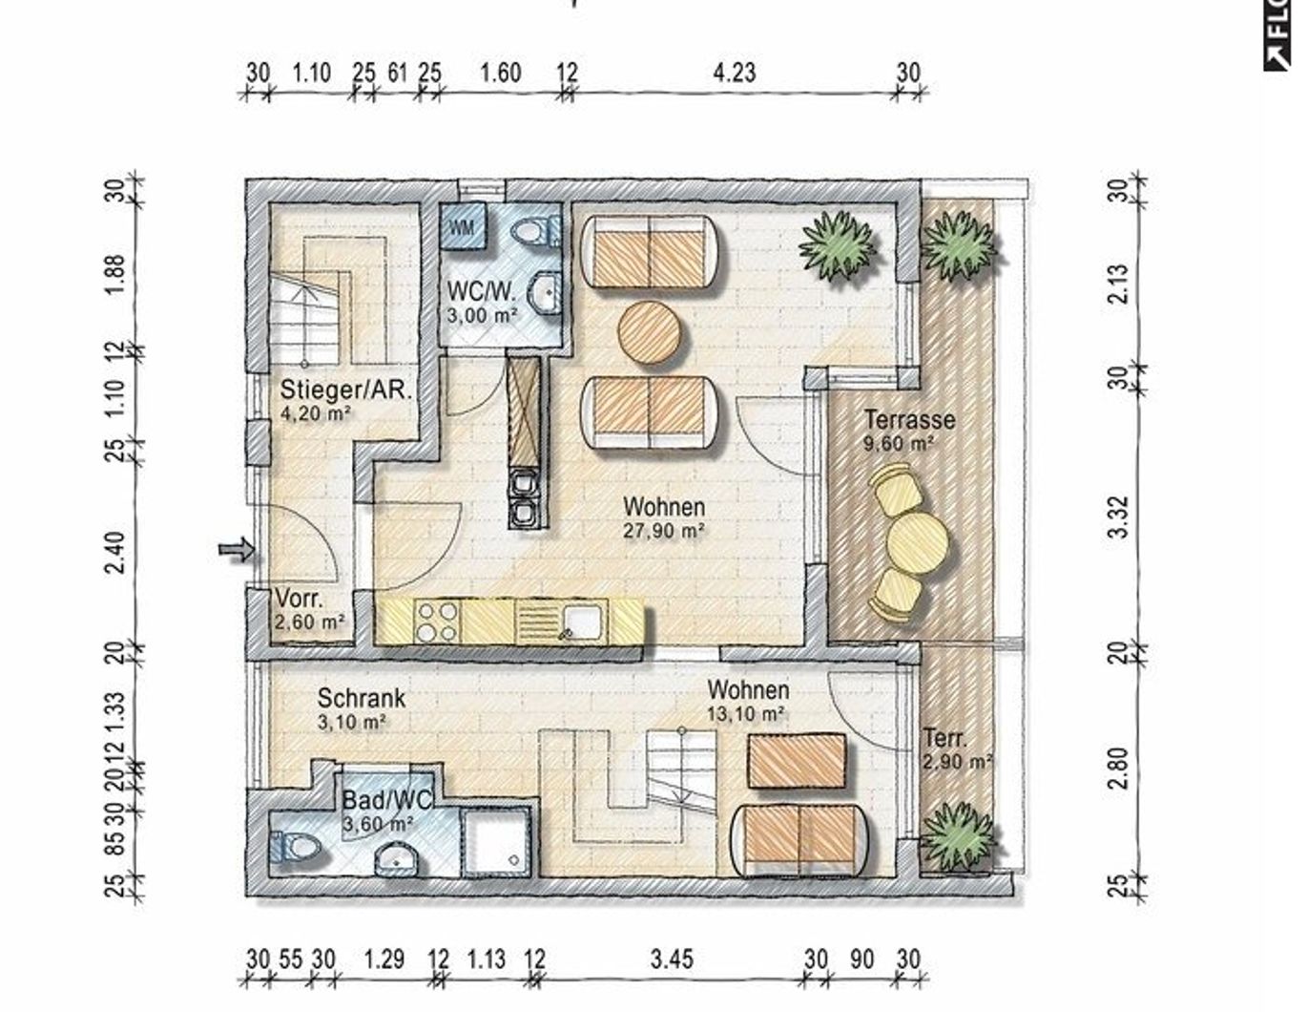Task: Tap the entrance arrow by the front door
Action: pyautogui.click(x=237, y=549)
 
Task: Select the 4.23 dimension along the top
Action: pyautogui.click(x=734, y=74)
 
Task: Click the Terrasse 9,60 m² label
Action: pyautogui.click(x=909, y=430)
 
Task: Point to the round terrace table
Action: pyautogui.click(x=918, y=544)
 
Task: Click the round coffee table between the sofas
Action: pyautogui.click(x=651, y=332)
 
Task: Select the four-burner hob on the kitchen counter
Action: pyautogui.click(x=437, y=622)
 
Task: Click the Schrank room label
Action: pyautogui.click(x=361, y=699)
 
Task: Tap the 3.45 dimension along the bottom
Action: pyautogui.click(x=672, y=959)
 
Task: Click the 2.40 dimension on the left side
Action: pyautogui.click(x=114, y=552)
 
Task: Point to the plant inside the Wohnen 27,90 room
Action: pyautogui.click(x=837, y=246)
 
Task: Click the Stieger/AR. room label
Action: pyautogui.click(x=346, y=390)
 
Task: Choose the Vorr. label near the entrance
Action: pyautogui.click(x=300, y=600)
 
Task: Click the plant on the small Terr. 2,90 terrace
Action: pyautogui.click(x=959, y=837)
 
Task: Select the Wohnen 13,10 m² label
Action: pyautogui.click(x=748, y=701)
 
